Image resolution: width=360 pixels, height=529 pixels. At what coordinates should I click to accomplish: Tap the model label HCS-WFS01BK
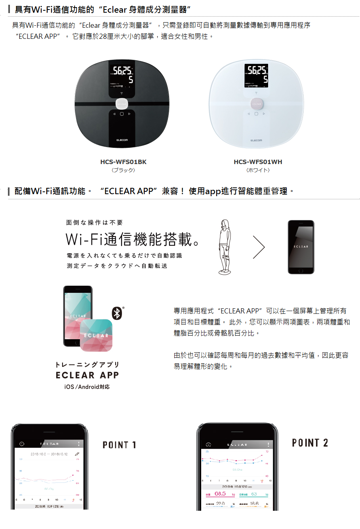[x=123, y=162]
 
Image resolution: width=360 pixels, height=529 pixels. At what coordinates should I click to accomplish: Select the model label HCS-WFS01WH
[x=258, y=162]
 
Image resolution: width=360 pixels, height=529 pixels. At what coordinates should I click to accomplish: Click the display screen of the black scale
[x=122, y=75]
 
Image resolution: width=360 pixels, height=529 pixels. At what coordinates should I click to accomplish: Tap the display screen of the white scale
[x=256, y=75]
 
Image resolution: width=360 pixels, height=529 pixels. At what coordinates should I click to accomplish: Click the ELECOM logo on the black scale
[x=122, y=140]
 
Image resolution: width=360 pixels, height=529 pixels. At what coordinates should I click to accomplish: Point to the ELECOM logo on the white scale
[x=256, y=140]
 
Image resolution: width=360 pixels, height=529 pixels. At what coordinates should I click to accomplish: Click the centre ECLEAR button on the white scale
[x=256, y=104]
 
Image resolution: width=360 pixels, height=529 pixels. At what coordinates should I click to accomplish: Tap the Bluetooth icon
[x=117, y=313]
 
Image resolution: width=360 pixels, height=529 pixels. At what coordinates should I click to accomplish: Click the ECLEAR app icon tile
[x=96, y=335]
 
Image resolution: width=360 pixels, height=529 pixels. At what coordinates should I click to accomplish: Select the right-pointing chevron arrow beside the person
[x=259, y=247]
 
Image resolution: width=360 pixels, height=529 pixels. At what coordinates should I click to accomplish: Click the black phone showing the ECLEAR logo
[x=301, y=247]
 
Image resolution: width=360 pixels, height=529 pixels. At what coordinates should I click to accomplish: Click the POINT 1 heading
[x=119, y=445]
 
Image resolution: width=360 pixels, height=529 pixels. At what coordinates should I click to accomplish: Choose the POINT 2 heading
[x=310, y=443]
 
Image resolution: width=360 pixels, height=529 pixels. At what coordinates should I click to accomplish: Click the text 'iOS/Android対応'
[x=87, y=387]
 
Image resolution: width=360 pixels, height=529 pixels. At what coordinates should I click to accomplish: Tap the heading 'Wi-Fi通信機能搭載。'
[x=133, y=239]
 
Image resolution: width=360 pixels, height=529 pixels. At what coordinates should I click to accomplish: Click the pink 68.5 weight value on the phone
[x=220, y=494]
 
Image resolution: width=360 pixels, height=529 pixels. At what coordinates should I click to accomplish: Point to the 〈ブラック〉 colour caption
[x=123, y=170]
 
